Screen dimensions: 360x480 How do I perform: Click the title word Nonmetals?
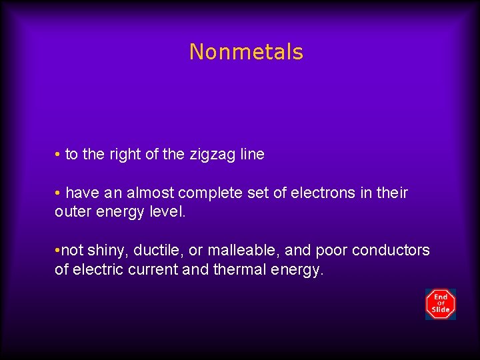point(246,52)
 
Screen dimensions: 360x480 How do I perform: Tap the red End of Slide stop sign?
point(441,304)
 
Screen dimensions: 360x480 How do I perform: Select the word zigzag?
point(211,155)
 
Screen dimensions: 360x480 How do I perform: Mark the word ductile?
point(157,251)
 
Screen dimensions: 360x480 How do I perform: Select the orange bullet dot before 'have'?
point(58,193)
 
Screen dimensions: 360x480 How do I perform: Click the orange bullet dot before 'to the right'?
point(58,155)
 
